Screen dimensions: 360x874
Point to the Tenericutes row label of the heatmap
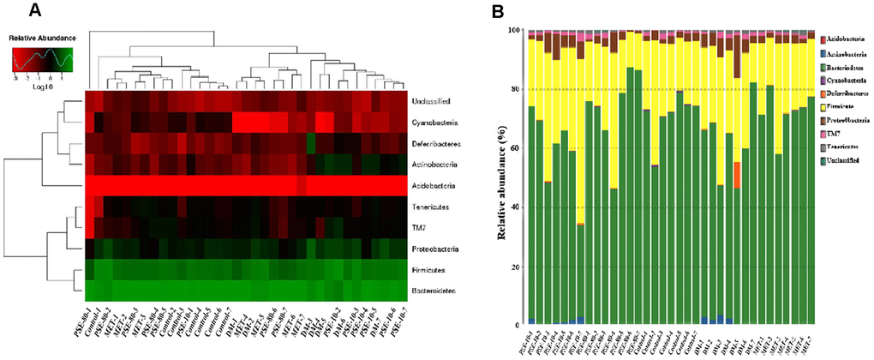pyautogui.click(x=432, y=207)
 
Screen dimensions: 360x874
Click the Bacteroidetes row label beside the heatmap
pyautogui.click(x=434, y=291)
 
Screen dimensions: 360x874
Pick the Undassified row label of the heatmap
pyautogui.click(x=434, y=101)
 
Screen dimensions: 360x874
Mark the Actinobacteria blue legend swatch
pyautogui.click(x=800, y=53)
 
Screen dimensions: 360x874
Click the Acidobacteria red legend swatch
pyautogui.click(x=800, y=39)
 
